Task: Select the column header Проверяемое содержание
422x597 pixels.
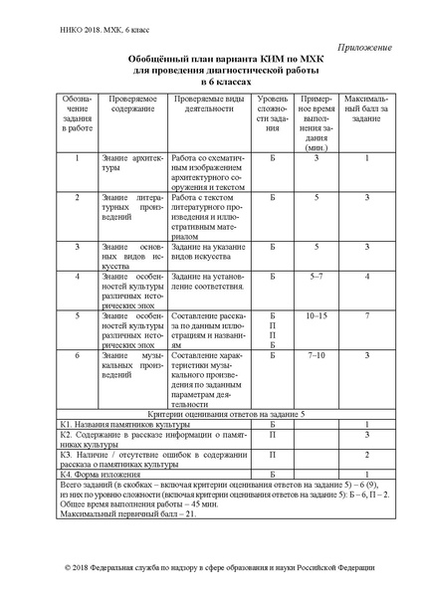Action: (x=131, y=106)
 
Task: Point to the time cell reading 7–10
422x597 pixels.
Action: (x=317, y=355)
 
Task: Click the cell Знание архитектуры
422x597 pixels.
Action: (x=130, y=164)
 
